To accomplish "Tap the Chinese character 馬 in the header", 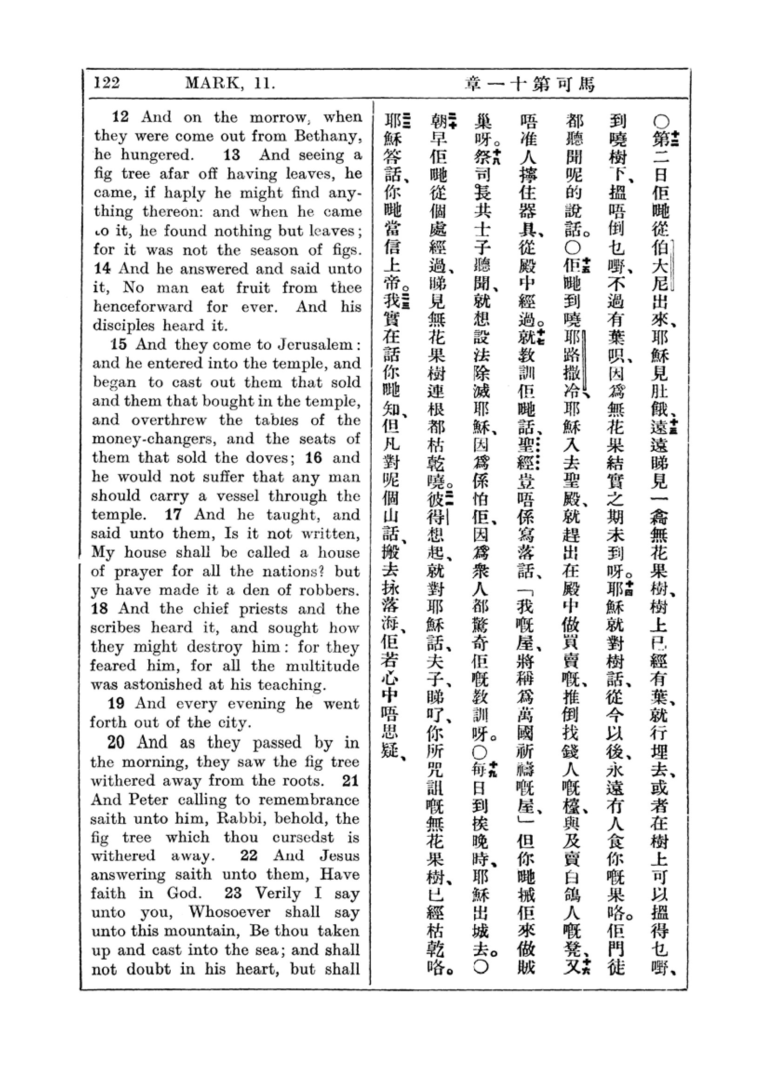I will (x=586, y=84).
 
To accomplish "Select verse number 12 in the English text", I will (x=120, y=117).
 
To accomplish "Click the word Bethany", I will (x=327, y=136).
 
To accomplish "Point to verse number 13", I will (x=232, y=155).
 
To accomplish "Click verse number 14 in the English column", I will (x=102, y=269).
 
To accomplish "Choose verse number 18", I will (x=100, y=609).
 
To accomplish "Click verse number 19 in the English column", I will (x=117, y=704).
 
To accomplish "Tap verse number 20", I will (x=116, y=742).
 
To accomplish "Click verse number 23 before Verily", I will (x=233, y=893).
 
